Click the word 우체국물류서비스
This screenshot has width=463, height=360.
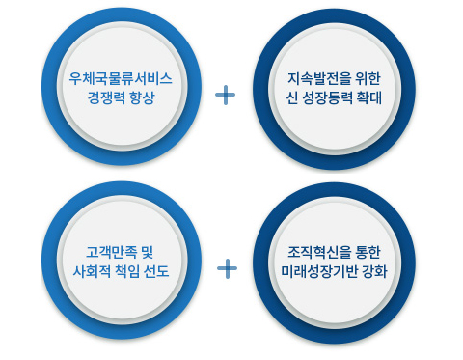click(121, 78)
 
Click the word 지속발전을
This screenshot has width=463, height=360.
click(319, 78)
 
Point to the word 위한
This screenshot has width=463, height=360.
click(368, 78)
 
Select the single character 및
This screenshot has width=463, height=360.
click(148, 252)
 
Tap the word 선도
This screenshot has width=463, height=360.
click(156, 271)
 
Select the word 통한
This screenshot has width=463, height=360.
click(368, 252)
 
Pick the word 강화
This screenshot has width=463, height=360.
click(374, 271)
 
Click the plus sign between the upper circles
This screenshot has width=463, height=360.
click(225, 95)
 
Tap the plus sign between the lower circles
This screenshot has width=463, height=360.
click(227, 268)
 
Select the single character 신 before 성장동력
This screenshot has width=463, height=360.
click(291, 97)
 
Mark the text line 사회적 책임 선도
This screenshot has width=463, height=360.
click(121, 271)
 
